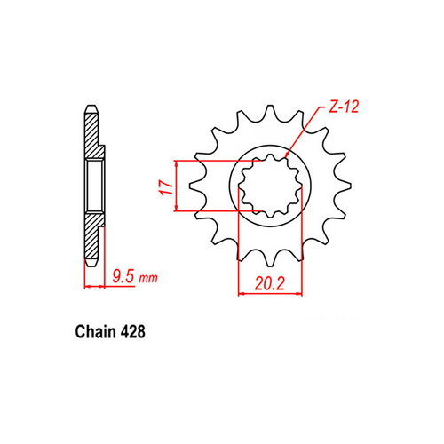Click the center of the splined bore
pyautogui.click(x=268, y=185)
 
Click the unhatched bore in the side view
pyautogui.click(x=96, y=186)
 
